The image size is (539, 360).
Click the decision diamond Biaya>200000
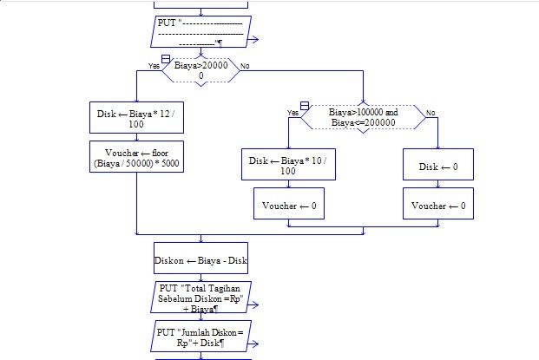click(x=201, y=70)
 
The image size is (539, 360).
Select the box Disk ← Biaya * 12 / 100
click(x=137, y=119)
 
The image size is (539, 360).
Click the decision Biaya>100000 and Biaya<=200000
click(x=363, y=117)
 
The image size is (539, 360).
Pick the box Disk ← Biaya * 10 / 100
click(x=288, y=166)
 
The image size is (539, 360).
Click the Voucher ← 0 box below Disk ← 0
click(x=438, y=206)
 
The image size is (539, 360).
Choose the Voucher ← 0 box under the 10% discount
click(x=288, y=206)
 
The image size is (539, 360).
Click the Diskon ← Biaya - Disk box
click(x=201, y=259)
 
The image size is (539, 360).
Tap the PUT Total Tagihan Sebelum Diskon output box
click(x=201, y=298)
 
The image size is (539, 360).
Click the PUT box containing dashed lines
click(x=205, y=31)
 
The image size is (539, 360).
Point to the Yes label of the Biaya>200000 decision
click(x=154, y=66)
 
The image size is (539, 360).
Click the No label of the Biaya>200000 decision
click(x=245, y=66)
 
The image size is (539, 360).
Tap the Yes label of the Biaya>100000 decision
click(x=293, y=113)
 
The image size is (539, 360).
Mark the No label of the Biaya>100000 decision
click(x=431, y=113)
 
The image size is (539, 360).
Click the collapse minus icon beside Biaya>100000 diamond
click(x=305, y=105)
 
